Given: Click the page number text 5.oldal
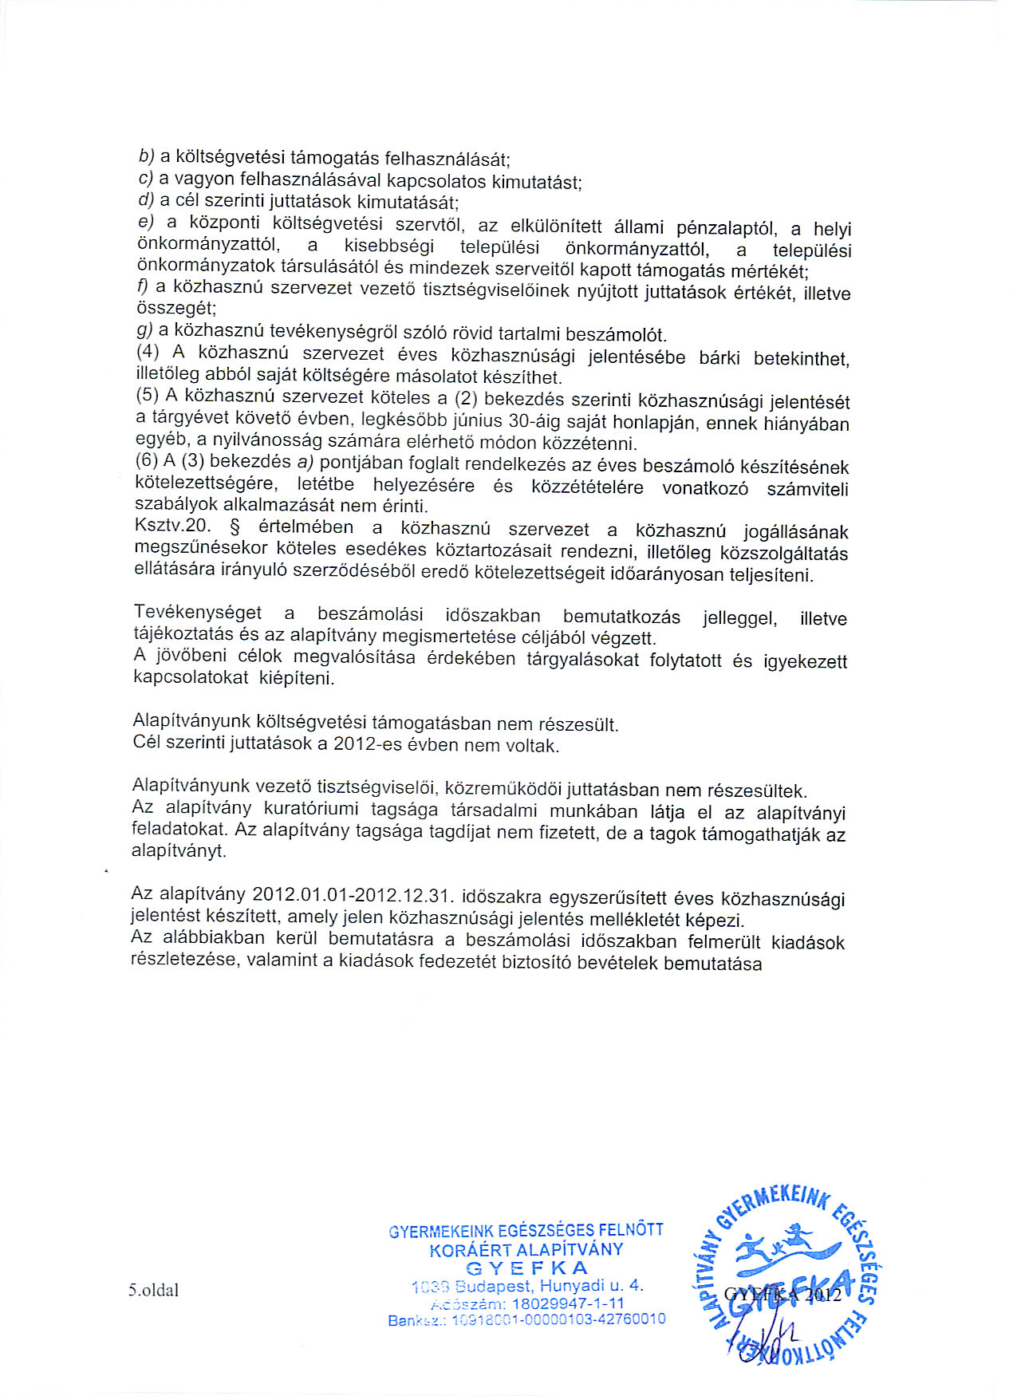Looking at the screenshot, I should (x=153, y=1290).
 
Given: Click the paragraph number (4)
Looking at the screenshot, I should (x=148, y=353).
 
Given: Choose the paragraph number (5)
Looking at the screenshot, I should (x=148, y=396).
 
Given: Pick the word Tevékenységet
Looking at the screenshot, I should (x=198, y=613).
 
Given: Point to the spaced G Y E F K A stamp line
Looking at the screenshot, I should (x=526, y=1268).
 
